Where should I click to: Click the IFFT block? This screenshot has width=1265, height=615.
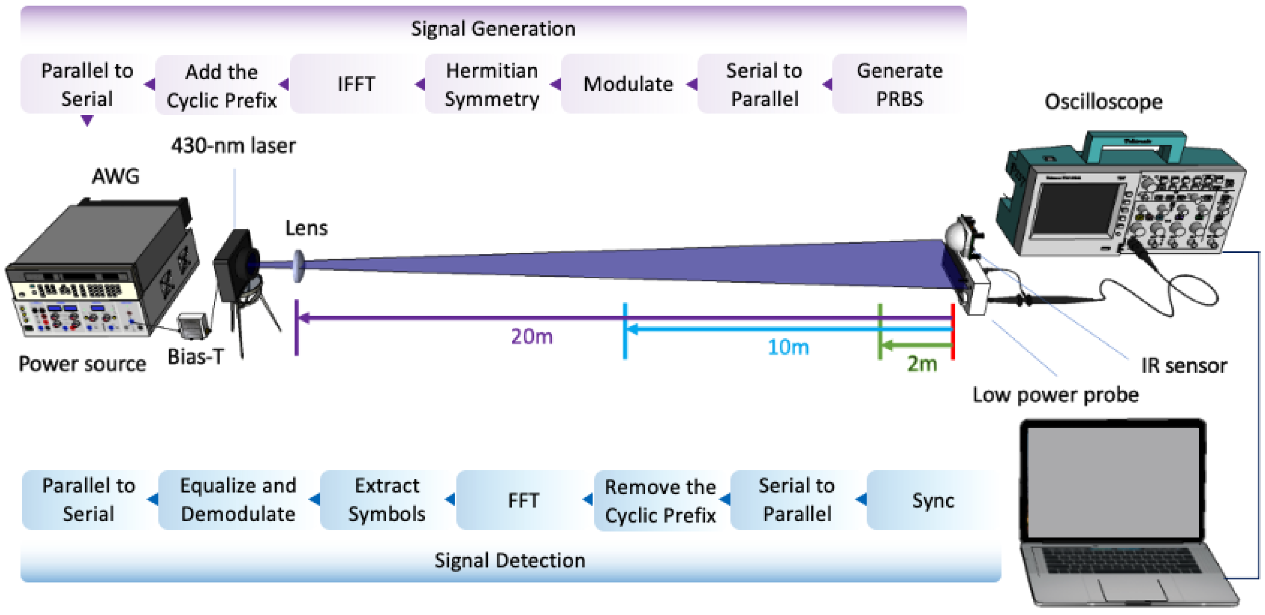tap(356, 84)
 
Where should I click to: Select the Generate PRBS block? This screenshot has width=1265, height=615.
tap(899, 84)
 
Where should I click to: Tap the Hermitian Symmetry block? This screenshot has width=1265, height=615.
tap(492, 84)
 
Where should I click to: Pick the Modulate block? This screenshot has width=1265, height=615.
tap(628, 84)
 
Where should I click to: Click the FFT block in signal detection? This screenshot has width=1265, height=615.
tap(523, 500)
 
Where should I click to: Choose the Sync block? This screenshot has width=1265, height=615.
tap(933, 500)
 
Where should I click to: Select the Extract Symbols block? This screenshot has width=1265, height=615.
tap(387, 500)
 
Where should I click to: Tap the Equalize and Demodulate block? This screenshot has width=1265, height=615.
tap(238, 500)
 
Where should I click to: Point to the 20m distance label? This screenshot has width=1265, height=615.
tap(532, 336)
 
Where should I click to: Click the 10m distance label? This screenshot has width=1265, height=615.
tap(788, 347)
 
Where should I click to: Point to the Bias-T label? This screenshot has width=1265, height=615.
tap(196, 357)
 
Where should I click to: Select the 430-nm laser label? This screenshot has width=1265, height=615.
tap(233, 145)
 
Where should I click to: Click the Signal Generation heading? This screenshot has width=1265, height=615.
tap(493, 29)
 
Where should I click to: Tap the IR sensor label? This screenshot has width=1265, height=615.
tap(1184, 365)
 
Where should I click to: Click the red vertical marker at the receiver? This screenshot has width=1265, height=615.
tap(953, 332)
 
